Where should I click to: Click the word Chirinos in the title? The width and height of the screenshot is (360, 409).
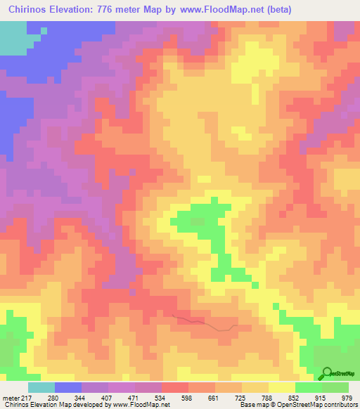[34, 10]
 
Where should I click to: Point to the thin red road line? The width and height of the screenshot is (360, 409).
[204, 323]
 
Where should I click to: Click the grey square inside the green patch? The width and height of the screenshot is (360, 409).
[198, 221]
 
